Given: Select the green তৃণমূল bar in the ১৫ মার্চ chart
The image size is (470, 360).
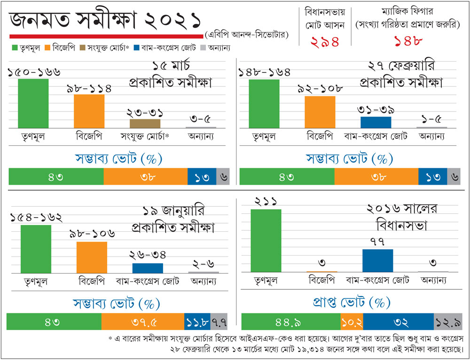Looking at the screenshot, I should (33, 103).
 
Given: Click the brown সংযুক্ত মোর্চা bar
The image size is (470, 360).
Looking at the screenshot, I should (144, 123).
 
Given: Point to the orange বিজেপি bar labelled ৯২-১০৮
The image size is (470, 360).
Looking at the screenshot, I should (320, 112).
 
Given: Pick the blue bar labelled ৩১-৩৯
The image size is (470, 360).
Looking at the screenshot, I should (376, 122).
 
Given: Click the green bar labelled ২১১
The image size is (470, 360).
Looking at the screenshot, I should (266, 241).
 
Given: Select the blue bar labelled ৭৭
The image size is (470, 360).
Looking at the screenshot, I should (377, 260).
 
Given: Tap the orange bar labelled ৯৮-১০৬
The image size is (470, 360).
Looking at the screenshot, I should (92, 257).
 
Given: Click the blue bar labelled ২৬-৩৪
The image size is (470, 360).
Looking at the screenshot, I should (147, 268).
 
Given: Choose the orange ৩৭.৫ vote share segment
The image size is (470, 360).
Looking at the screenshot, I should (142, 321).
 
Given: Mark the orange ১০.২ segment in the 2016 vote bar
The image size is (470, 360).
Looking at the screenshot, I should (352, 321).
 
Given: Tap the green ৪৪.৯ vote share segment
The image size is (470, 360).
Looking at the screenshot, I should (290, 321).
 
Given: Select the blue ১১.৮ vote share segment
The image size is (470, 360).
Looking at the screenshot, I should (197, 321).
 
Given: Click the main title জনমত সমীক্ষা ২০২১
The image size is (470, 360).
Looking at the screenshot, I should (106, 20).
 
